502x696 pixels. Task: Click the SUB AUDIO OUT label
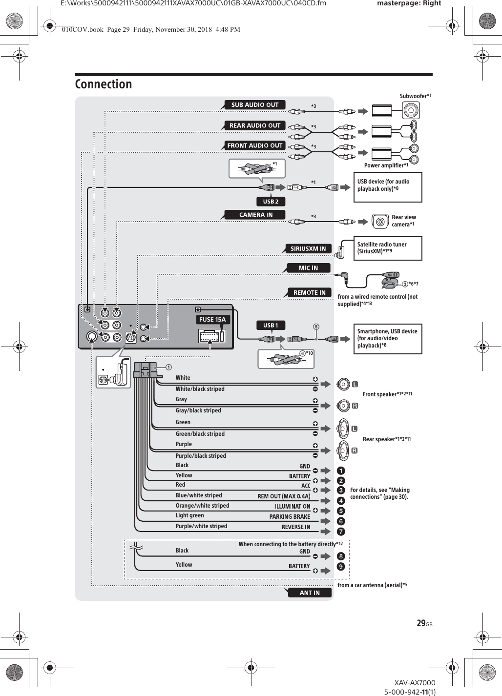(254, 104)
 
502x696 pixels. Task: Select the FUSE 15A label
(212, 319)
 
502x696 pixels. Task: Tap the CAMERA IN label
(255, 215)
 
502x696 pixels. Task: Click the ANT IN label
(309, 593)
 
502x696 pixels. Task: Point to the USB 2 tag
(271, 202)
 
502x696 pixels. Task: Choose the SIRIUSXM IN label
(308, 248)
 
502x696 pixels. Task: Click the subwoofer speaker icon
(411, 111)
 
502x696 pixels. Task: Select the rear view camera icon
(380, 222)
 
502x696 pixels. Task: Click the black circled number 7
(341, 532)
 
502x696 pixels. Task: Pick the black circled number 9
(341, 567)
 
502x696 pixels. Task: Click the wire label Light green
(189, 515)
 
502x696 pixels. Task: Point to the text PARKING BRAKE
(290, 516)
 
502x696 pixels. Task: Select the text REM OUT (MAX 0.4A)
(284, 496)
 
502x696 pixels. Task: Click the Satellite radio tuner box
(388, 248)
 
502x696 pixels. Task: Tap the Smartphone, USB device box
(388, 339)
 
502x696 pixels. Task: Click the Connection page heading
(104, 84)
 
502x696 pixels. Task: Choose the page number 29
(421, 623)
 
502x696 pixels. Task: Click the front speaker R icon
(344, 406)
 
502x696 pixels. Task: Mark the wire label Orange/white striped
(202, 506)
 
